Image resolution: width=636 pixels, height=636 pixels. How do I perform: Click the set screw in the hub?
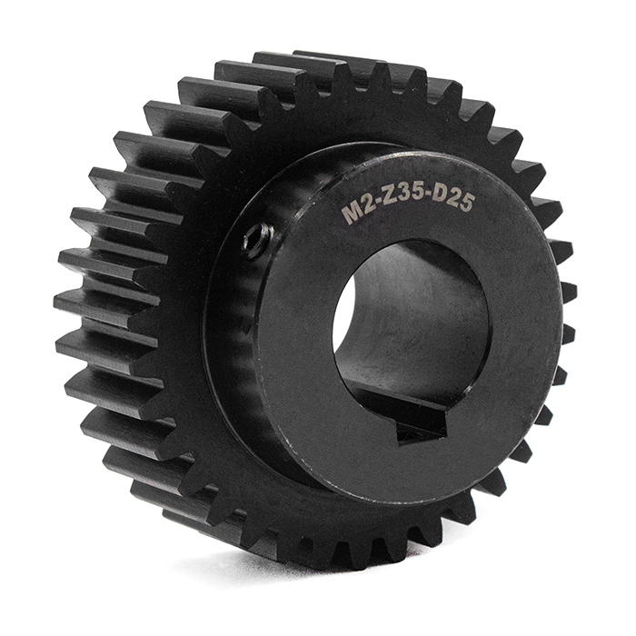[258, 239]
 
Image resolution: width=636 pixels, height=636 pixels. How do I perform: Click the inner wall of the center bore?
[418, 318]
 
